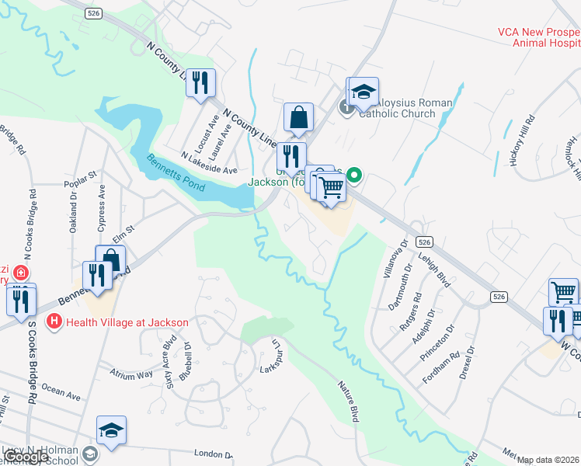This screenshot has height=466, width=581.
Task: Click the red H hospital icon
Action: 54,321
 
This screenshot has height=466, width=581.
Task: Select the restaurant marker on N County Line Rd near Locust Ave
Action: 201,82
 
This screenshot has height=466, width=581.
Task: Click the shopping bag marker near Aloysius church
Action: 298,118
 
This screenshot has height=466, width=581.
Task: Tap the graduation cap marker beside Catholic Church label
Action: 363,92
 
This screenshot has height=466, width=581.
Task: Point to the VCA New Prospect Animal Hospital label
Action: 539,38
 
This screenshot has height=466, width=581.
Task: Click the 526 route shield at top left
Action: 94,13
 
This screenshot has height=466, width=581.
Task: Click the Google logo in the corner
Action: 26,457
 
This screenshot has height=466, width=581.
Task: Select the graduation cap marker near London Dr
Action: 111,431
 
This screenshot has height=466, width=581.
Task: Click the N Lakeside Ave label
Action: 208,165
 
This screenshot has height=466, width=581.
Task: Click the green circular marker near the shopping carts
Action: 354,176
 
